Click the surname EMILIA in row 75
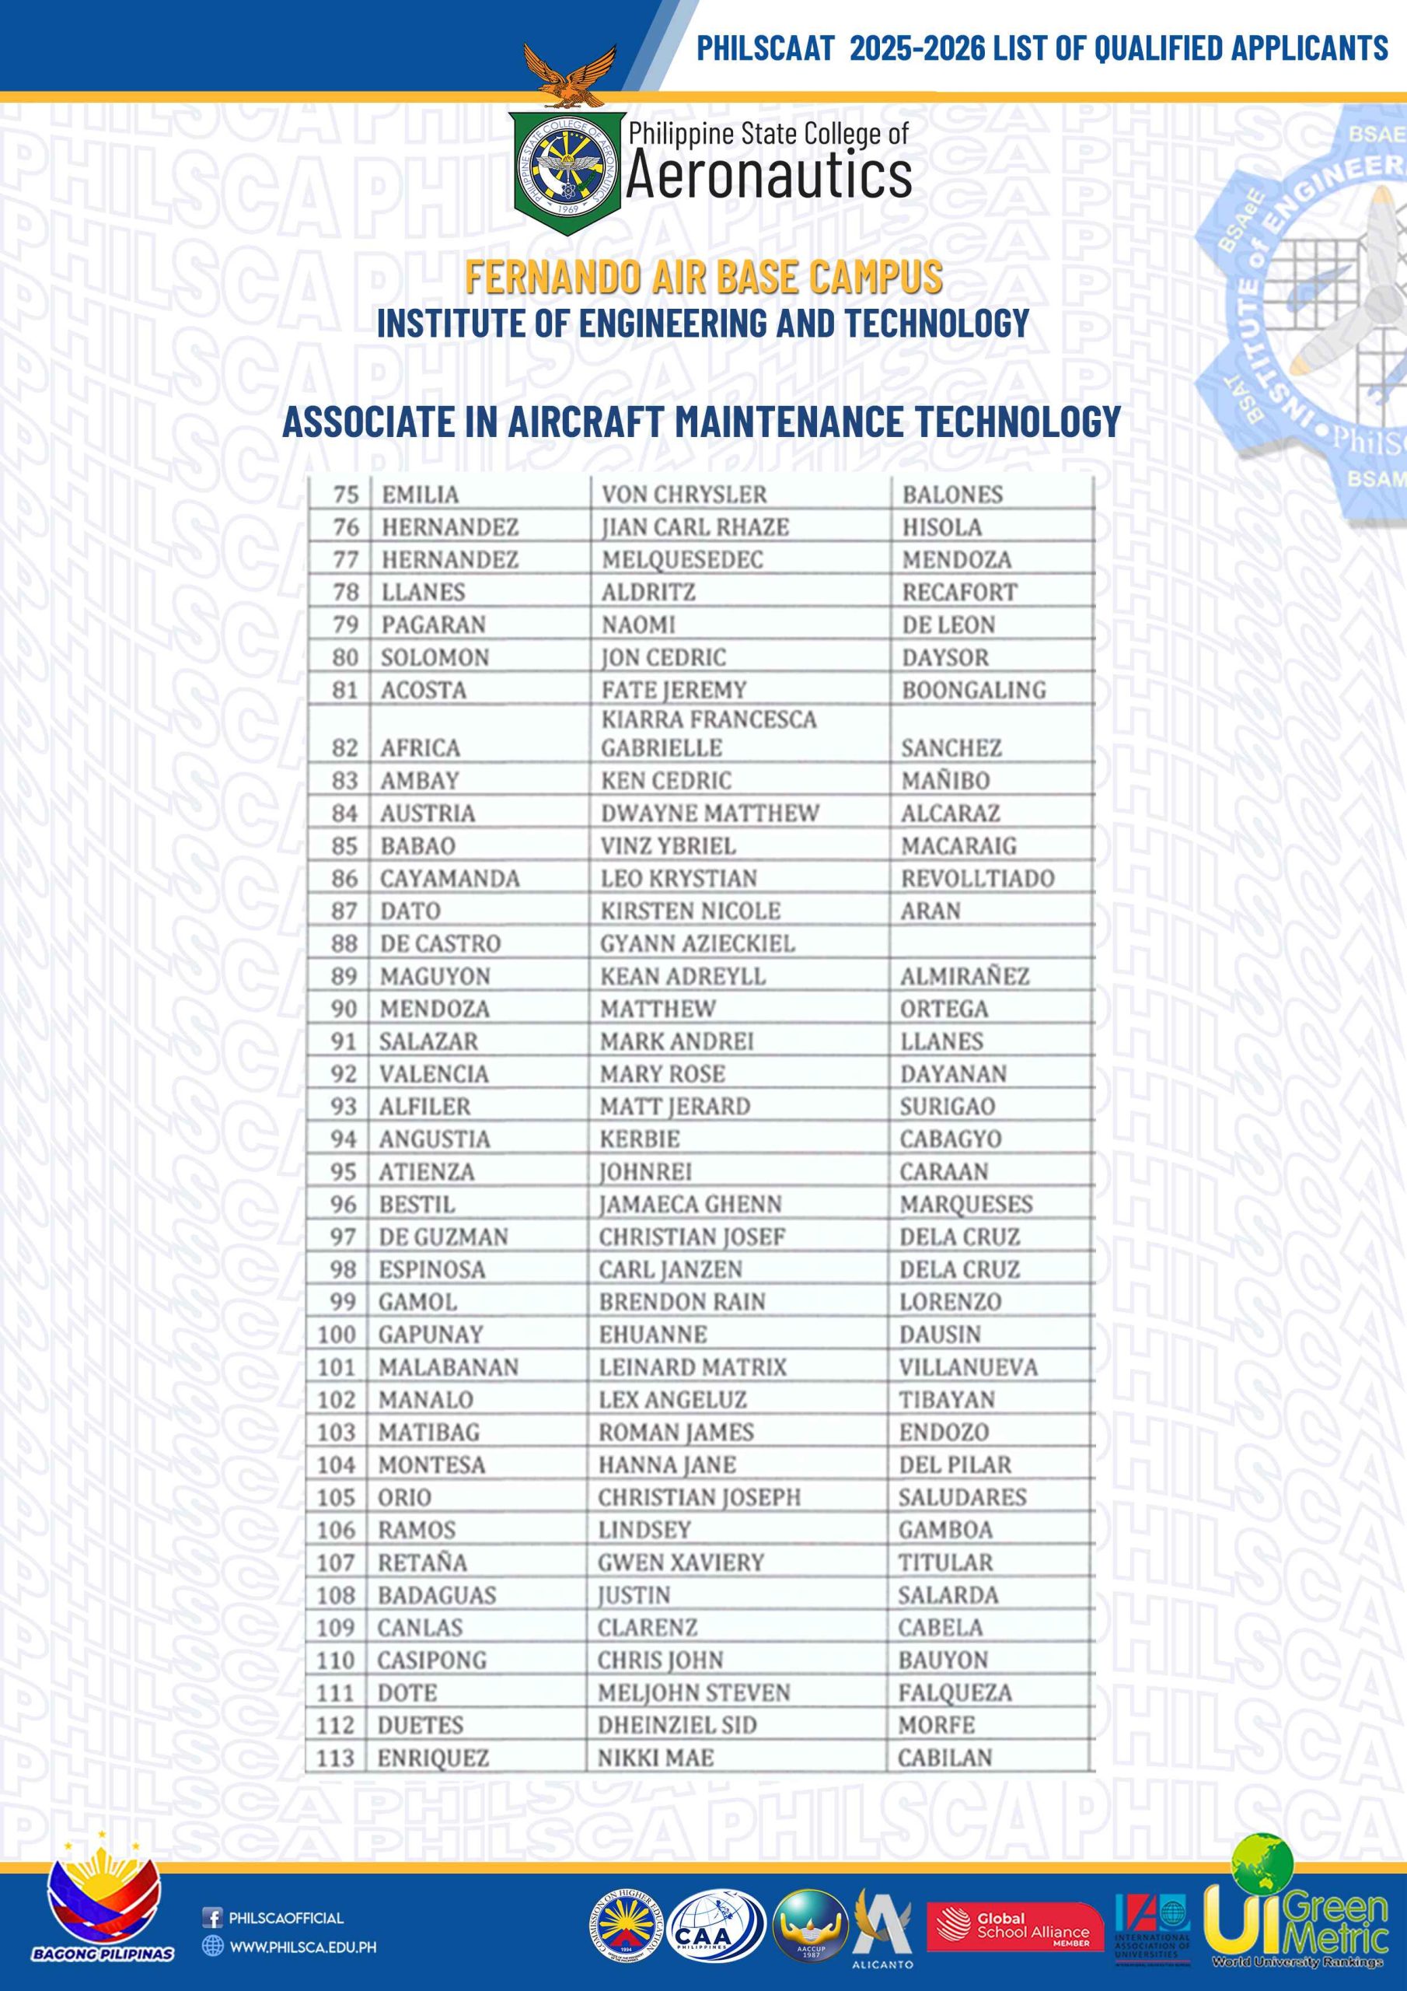(421, 495)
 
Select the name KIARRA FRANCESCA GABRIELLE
(708, 733)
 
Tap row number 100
(337, 1335)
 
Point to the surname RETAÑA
(422, 1562)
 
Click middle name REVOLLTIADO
(977, 878)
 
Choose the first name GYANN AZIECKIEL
(697, 943)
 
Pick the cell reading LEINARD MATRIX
(692, 1367)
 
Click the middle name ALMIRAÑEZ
(964, 976)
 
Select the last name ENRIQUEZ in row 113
(432, 1758)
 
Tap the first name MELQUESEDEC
(682, 560)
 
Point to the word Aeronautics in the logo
(768, 176)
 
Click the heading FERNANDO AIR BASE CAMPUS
(703, 278)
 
